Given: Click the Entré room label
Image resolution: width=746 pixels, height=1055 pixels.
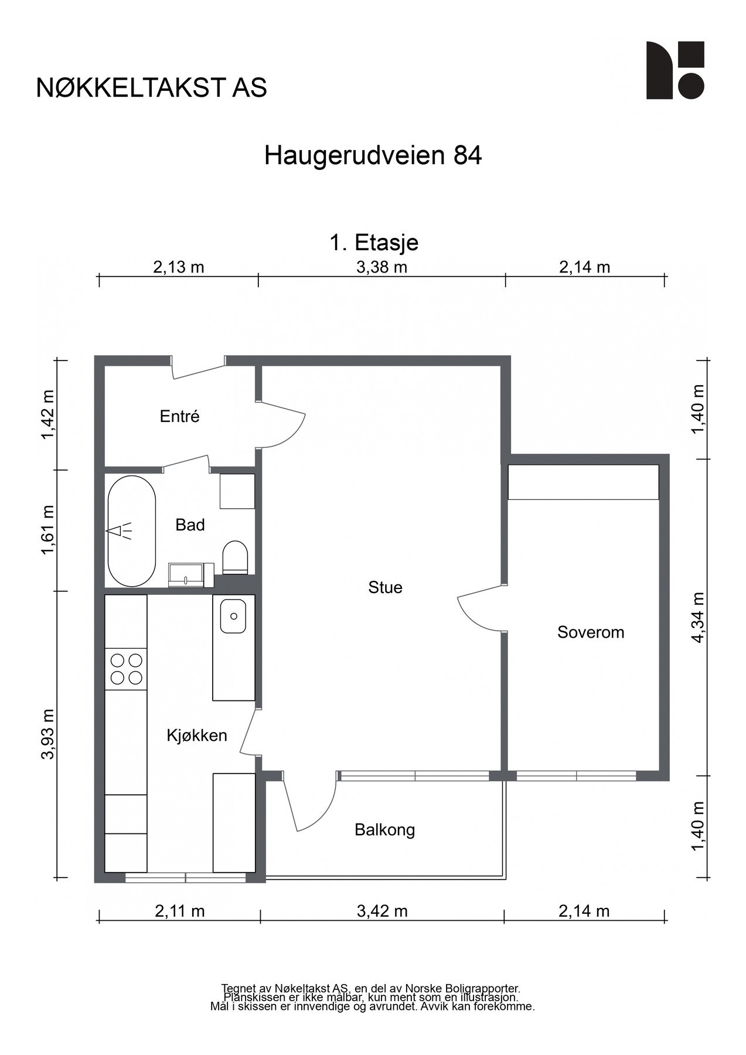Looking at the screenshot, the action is point(180,417).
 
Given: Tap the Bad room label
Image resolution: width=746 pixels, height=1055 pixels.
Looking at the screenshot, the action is point(190,525).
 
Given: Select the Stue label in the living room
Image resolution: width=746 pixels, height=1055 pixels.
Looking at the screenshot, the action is point(385,588).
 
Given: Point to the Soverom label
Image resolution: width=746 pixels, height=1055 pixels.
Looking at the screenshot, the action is point(591,632).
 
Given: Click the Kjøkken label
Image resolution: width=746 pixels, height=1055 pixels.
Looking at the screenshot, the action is point(197,736).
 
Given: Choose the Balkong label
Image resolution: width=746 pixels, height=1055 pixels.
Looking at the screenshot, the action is point(385,830).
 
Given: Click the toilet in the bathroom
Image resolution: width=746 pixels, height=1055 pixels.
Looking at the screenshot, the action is point(236,557).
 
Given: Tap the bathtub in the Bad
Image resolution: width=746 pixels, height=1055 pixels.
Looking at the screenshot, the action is point(132,531).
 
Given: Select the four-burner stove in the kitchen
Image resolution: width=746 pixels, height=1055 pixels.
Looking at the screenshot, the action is point(126,669).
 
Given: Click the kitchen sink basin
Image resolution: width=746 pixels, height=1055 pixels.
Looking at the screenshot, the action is point(233,616).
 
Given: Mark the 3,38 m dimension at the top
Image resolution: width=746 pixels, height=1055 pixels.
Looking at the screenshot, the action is point(381,268).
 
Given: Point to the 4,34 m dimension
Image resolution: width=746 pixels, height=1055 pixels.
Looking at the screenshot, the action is point(697,617).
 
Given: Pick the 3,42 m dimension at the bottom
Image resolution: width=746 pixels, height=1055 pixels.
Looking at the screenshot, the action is point(382,911).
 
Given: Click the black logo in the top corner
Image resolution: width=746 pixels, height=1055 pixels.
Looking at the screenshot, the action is point(675,70).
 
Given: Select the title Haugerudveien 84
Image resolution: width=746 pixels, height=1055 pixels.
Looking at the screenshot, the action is point(373,156).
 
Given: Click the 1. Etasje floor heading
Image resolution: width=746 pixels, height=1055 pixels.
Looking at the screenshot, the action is point(374,242).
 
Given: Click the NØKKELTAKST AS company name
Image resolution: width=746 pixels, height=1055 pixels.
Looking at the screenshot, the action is point(152,88).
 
